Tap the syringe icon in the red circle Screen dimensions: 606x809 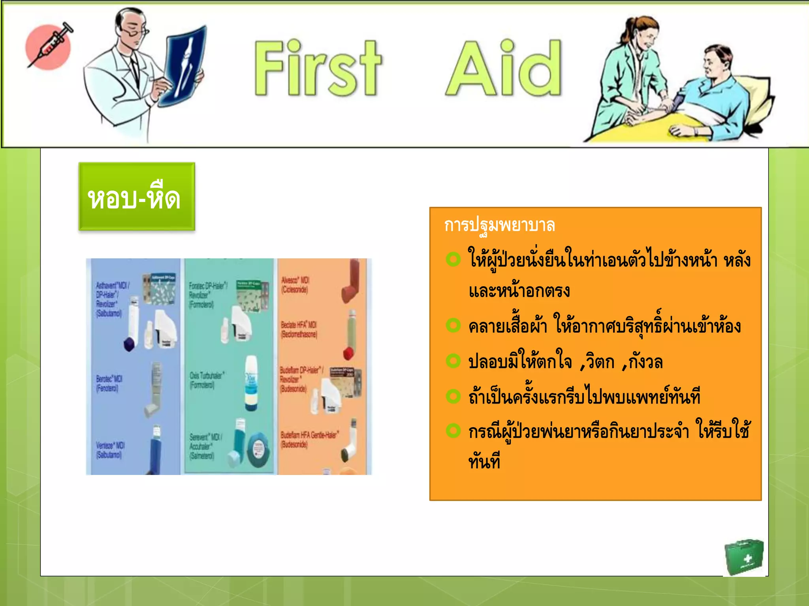pyautogui.click(x=49, y=45)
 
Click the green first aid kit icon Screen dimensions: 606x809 pyautogui.click(x=743, y=557)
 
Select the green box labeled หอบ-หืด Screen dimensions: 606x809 pyautogui.click(x=136, y=196)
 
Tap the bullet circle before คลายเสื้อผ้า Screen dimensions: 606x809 pyautogui.click(x=453, y=325)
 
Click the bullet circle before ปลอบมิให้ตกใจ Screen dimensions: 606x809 pyautogui.click(x=453, y=361)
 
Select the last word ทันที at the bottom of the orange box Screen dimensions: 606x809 pyautogui.click(x=484, y=461)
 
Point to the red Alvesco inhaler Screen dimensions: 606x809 pyautogui.click(x=351, y=282)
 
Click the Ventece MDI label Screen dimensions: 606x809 pyautogui.click(x=110, y=450)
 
